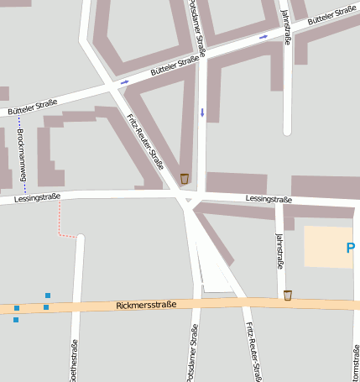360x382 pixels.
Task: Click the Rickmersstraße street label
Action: click(146, 305)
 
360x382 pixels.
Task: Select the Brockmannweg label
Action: click(22, 156)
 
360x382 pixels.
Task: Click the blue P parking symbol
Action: click(351, 248)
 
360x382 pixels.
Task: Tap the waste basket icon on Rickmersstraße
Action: click(288, 295)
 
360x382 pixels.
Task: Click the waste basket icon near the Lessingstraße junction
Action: click(185, 178)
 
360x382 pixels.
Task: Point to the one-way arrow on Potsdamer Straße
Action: click(201, 112)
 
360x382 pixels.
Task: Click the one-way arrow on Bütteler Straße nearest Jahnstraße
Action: click(264, 37)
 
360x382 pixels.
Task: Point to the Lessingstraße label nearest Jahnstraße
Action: click(269, 199)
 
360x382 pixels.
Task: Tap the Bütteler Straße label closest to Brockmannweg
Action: click(32, 107)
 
